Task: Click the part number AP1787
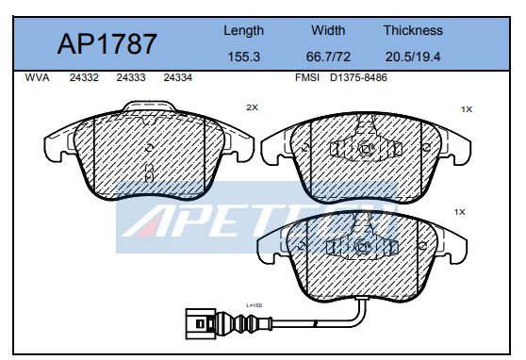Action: [x=107, y=44]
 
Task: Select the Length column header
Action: [x=244, y=31]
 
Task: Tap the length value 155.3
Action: [x=244, y=57]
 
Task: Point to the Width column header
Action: [x=328, y=30]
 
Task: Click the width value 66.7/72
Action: [x=328, y=57]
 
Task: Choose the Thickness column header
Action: [x=413, y=30]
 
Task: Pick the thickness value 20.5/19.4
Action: [x=413, y=57]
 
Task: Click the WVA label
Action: [x=38, y=78]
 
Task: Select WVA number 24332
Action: [x=84, y=78]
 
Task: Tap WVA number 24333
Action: [x=131, y=78]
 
